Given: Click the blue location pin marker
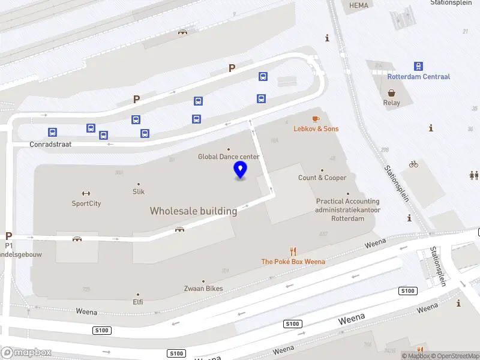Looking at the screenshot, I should (x=241, y=169).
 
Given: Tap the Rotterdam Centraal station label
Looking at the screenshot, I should (x=418, y=77).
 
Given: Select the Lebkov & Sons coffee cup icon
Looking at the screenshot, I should (x=316, y=119).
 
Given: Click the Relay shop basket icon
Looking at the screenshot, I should (x=392, y=93).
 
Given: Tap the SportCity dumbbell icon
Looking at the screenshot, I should (x=86, y=193).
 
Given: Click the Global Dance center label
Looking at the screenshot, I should (x=229, y=157).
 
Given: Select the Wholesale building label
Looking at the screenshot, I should (x=193, y=211).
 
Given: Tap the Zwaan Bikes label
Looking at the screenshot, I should (x=203, y=289).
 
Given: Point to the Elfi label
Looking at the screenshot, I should (x=138, y=302).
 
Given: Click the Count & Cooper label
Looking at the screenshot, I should (x=322, y=178).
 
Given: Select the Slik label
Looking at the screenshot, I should (x=139, y=191).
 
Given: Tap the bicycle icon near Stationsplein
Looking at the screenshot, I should (x=413, y=164).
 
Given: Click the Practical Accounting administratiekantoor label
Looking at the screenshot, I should (x=347, y=209).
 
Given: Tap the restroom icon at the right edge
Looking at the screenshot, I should (x=474, y=175).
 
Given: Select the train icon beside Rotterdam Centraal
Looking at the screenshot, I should (x=418, y=66).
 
